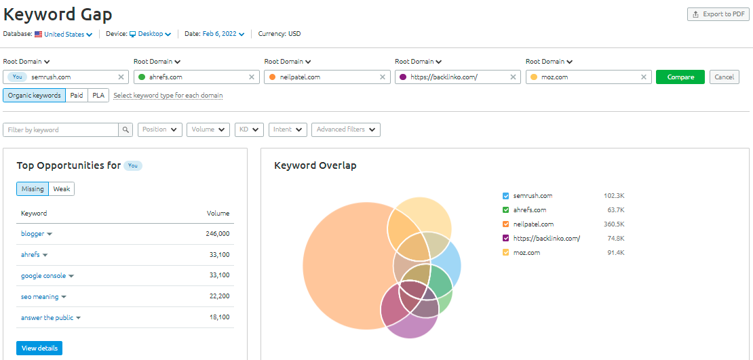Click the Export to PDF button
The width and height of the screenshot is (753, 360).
(718, 14)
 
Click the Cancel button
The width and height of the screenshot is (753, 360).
(724, 77)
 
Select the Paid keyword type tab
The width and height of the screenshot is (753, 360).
(77, 96)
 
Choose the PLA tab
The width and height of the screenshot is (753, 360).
(98, 96)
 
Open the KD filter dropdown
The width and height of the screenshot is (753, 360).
(249, 129)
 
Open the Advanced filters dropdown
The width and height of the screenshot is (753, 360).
(345, 129)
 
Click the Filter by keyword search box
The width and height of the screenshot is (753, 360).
(60, 129)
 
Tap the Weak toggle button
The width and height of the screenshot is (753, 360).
(62, 189)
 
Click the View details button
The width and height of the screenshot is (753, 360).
(39, 348)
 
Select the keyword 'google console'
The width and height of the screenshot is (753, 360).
(43, 276)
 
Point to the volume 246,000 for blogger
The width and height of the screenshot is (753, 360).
(218, 234)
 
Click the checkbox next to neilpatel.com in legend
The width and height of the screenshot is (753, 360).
(506, 224)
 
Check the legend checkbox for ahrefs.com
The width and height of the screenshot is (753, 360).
(506, 210)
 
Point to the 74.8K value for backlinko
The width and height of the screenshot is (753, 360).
(615, 239)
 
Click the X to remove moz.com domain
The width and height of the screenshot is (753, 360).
(644, 77)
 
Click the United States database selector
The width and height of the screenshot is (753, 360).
(64, 34)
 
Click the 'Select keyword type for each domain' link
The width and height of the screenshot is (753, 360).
(168, 96)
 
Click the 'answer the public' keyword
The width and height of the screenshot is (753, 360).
(48, 318)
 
